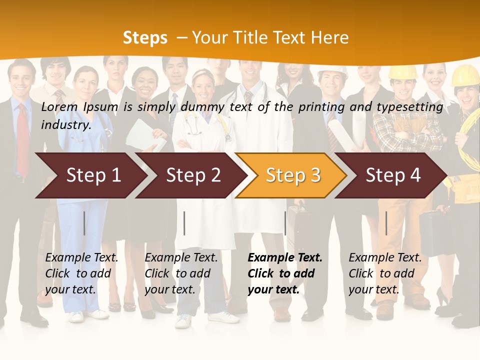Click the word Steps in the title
pyautogui.click(x=145, y=37)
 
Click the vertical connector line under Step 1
pyautogui.click(x=84, y=223)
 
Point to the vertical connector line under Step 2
pyautogui.click(x=184, y=223)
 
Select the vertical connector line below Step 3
pyautogui.click(x=285, y=223)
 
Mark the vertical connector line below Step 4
pyautogui.click(x=386, y=223)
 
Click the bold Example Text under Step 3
pyautogui.click(x=284, y=273)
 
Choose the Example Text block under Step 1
pyautogui.click(x=81, y=273)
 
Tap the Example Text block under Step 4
pyautogui.click(x=385, y=273)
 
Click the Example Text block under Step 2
pyautogui.click(x=181, y=273)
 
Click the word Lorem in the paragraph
pyautogui.click(x=59, y=106)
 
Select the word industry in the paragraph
pyautogui.click(x=65, y=124)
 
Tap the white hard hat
pyautogui.click(x=332, y=71)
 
